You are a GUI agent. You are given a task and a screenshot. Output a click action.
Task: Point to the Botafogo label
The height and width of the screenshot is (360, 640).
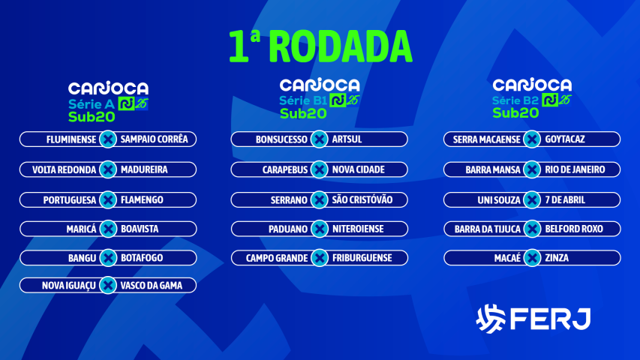pos(142,258)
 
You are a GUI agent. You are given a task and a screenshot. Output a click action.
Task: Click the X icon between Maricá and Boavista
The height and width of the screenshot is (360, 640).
pos(108,229)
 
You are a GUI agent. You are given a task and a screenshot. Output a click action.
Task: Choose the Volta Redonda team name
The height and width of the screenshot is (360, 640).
pos(65,170)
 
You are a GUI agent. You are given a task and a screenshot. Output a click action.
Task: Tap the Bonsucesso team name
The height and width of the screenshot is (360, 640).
pos(281,139)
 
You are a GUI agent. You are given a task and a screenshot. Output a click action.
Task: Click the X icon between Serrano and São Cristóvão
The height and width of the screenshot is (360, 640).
pos(320,200)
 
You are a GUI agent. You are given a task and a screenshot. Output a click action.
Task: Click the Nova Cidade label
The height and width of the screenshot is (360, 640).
pos(359,170)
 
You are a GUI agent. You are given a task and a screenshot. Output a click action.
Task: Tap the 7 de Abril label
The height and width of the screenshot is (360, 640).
pos(566,200)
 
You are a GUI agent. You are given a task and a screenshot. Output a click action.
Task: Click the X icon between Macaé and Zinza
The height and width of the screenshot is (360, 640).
pos(533,258)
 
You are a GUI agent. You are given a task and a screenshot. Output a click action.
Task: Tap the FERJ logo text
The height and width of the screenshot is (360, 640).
pos(550,319)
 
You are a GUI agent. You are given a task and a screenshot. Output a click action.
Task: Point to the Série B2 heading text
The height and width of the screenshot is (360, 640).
pos(515,100)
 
